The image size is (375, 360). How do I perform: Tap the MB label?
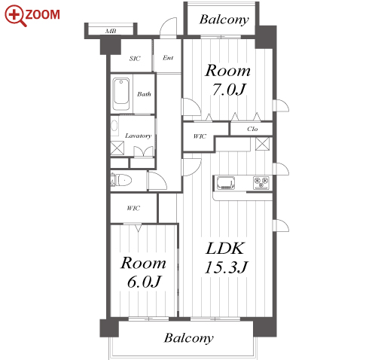pyautogui.click(x=111, y=31)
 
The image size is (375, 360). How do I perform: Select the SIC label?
pyautogui.click(x=135, y=59)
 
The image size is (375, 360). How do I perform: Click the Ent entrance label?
pyautogui.click(x=168, y=58)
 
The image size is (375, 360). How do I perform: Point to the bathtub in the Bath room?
pyautogui.click(x=121, y=94)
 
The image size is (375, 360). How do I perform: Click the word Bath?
pyautogui.click(x=144, y=94)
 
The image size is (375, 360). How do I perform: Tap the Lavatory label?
pyautogui.click(x=139, y=136)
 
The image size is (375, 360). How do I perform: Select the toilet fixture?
pyautogui.click(x=121, y=180)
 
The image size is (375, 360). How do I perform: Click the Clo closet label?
pyautogui.click(x=252, y=129)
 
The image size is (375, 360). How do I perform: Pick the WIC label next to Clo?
pyautogui.click(x=200, y=136)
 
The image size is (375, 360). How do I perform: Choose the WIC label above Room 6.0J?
pyautogui.click(x=133, y=208)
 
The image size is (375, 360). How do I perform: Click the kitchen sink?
pyautogui.click(x=226, y=183)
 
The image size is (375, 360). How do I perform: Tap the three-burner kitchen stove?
pyautogui.click(x=261, y=182)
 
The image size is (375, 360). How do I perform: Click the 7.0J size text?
pyautogui.click(x=228, y=90)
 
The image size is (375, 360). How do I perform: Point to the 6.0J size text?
pyautogui.click(x=144, y=282)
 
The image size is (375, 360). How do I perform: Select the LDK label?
pyautogui.click(x=225, y=249)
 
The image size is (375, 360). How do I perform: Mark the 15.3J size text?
pyautogui.click(x=227, y=267)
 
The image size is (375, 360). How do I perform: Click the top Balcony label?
pyautogui.click(x=224, y=20)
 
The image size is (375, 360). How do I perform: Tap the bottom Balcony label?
pyautogui.click(x=189, y=338)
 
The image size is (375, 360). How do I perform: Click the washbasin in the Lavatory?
pyautogui.click(x=114, y=126)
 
